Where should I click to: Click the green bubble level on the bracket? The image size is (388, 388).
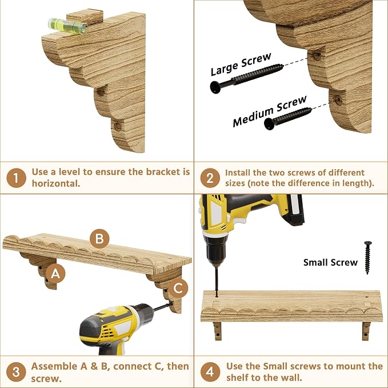click(x=67, y=26)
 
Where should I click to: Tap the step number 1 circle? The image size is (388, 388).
click(x=16, y=178)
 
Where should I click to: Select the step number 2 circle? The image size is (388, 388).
click(x=210, y=178)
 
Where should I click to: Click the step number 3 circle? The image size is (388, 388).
click(x=16, y=372)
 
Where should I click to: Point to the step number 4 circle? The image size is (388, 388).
click(x=210, y=372)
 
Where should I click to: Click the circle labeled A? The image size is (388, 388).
click(x=55, y=274)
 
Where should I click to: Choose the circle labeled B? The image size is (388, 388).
click(x=99, y=239)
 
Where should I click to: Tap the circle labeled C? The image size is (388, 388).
click(x=178, y=288)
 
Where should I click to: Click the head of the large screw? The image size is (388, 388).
click(x=215, y=87)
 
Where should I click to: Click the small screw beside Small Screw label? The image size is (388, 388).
click(x=367, y=258)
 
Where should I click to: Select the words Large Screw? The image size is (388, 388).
click(x=241, y=64)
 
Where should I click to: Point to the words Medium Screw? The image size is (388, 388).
click(x=270, y=111)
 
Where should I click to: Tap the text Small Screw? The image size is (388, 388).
click(x=330, y=262)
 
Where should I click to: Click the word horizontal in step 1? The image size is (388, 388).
click(x=56, y=183)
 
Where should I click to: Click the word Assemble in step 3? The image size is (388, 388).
click(x=54, y=366)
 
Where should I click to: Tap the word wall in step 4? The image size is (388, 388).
click(x=291, y=378)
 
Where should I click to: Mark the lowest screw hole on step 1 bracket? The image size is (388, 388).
click(x=118, y=127)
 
